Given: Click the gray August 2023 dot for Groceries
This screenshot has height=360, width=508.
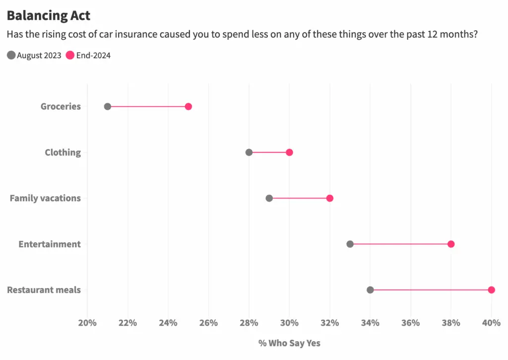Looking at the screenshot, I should tap(108, 106).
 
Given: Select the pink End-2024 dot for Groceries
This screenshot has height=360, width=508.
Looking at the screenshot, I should tap(188, 106).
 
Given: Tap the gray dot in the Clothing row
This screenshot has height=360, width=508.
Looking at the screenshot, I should tap(249, 152).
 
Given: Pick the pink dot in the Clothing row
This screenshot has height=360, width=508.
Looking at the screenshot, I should tap(289, 152).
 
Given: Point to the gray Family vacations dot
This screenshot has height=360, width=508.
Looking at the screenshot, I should tap(269, 198).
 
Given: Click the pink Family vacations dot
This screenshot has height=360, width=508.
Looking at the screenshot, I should tap(329, 198).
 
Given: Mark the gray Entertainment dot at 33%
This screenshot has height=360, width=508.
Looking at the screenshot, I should tap(350, 244).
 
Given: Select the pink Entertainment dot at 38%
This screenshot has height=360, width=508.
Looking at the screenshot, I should tap(451, 244).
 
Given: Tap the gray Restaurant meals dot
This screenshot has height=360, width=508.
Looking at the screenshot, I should tap(370, 290).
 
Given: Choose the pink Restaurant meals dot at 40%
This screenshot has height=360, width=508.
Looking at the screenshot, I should tap(491, 290).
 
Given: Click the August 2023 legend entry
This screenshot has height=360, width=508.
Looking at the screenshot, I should tap(34, 56).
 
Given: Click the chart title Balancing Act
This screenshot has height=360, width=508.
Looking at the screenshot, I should tap(49, 15).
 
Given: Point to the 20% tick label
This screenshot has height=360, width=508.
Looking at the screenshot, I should tap(87, 323).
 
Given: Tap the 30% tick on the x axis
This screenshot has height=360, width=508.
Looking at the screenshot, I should tap(289, 323).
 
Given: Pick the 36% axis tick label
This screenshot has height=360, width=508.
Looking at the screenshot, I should tap(410, 323).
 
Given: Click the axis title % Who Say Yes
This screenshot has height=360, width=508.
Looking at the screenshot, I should tap(289, 343).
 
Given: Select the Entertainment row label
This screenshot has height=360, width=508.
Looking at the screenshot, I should tap(50, 244).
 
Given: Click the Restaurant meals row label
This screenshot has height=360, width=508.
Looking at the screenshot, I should tap(44, 290).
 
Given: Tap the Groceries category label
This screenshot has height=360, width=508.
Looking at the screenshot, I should tap(61, 106).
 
